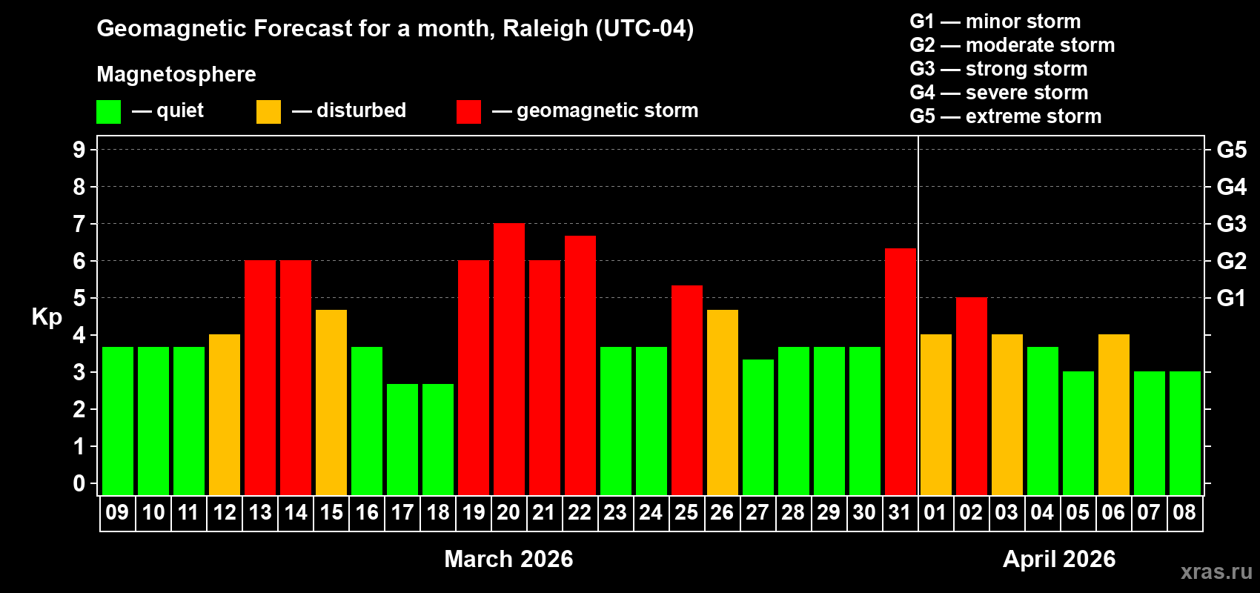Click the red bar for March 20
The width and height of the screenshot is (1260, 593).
click(508, 359)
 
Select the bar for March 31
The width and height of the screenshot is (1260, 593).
click(900, 371)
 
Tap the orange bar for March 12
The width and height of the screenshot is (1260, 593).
click(225, 414)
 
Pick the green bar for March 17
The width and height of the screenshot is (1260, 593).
click(402, 439)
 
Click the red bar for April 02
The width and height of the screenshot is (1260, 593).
click(971, 396)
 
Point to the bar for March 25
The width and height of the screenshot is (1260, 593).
click(686, 390)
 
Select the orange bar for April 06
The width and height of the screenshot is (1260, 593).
click(1113, 414)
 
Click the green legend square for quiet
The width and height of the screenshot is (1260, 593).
click(108, 112)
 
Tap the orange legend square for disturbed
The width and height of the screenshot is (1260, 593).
click(268, 112)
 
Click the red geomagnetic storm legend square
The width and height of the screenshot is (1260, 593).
click(468, 112)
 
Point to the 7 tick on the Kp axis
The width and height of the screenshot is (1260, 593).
click(79, 224)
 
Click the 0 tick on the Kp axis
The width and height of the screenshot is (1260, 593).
click(79, 484)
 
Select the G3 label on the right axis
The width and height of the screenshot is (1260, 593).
click(1231, 224)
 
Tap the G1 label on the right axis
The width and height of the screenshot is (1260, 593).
click(1231, 298)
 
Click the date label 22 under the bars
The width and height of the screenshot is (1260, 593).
click(580, 512)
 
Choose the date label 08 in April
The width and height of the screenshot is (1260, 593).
click(1184, 512)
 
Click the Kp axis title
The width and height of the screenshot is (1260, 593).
click(47, 317)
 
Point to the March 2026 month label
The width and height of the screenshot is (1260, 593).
click(508, 559)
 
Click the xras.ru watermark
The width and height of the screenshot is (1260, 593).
click(1216, 572)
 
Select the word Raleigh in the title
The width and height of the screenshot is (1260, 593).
click(545, 29)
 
